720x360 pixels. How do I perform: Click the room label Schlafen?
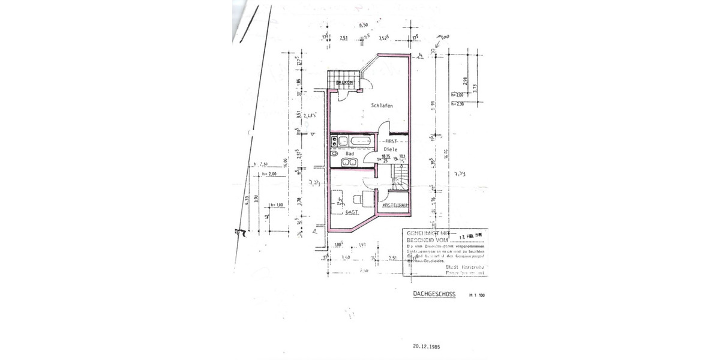tap(382, 106)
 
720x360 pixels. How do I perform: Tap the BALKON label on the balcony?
tap(344, 83)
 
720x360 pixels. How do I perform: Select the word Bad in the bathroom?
tap(350, 154)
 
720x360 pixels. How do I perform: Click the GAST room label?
tap(352, 212)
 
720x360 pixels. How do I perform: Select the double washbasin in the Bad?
tap(347, 163)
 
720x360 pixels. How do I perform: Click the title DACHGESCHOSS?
tap(435, 294)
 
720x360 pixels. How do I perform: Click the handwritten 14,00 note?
tap(443, 38)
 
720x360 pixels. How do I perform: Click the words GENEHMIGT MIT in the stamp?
tap(428, 232)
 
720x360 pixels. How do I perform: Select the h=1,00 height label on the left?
tap(276, 204)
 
